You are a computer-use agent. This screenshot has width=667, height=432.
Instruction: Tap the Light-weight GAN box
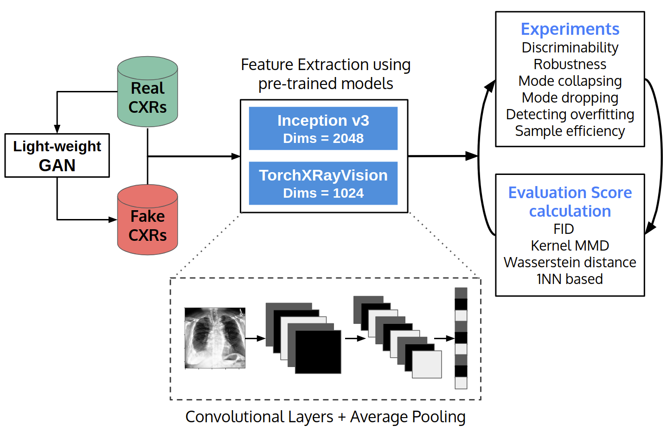tap(57, 155)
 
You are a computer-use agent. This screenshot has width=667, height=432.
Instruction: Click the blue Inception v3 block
tap(323, 129)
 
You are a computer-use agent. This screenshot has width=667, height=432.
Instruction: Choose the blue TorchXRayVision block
tap(323, 183)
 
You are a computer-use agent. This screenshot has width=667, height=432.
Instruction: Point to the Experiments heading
tap(570, 29)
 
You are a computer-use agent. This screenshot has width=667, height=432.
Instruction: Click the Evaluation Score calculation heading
tap(570, 202)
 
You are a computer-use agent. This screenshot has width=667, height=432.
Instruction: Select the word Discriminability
tap(570, 47)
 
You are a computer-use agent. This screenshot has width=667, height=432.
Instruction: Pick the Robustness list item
tap(570, 64)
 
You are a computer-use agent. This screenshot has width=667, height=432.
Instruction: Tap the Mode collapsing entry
tap(570, 81)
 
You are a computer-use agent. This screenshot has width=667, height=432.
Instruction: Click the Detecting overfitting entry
tap(570, 114)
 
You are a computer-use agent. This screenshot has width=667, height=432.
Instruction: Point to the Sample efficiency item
tap(570, 131)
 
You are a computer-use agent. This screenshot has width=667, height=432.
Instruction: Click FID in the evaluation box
tap(564, 229)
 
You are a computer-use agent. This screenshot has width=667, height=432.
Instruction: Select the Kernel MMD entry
tap(570, 245)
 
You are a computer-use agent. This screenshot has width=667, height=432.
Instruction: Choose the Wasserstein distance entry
tap(570, 262)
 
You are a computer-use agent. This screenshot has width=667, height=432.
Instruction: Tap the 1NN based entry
tap(570, 279)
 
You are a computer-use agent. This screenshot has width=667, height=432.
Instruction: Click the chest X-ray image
tap(215, 338)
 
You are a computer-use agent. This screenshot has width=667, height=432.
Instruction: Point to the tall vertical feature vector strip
tap(461, 338)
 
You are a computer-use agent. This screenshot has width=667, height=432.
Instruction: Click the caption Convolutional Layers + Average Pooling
tap(325, 417)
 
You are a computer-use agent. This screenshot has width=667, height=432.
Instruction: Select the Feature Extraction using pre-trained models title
tap(325, 74)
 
